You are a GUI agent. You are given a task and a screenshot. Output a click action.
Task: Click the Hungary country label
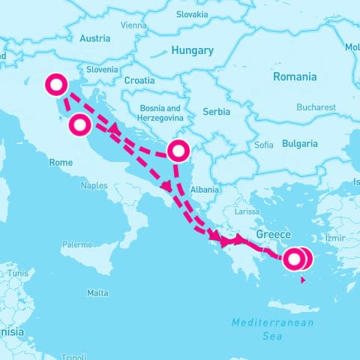point(193,51)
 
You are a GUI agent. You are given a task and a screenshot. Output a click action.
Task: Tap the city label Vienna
point(133,25)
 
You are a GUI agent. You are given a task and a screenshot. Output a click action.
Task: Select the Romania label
point(294,76)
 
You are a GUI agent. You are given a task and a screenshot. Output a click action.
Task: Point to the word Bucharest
point(316,107)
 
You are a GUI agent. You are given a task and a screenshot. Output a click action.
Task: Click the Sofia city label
point(264,145)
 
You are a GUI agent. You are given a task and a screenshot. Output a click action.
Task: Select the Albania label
point(205,190)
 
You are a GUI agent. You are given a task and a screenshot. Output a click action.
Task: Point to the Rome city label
point(61,162)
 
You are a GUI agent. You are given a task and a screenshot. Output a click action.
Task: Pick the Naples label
point(94,185)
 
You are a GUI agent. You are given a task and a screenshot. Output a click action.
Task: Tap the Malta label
point(97,292)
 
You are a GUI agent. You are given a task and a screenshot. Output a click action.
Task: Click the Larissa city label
point(247,212)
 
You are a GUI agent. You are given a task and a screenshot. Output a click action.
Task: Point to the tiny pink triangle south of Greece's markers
point(301,280)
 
